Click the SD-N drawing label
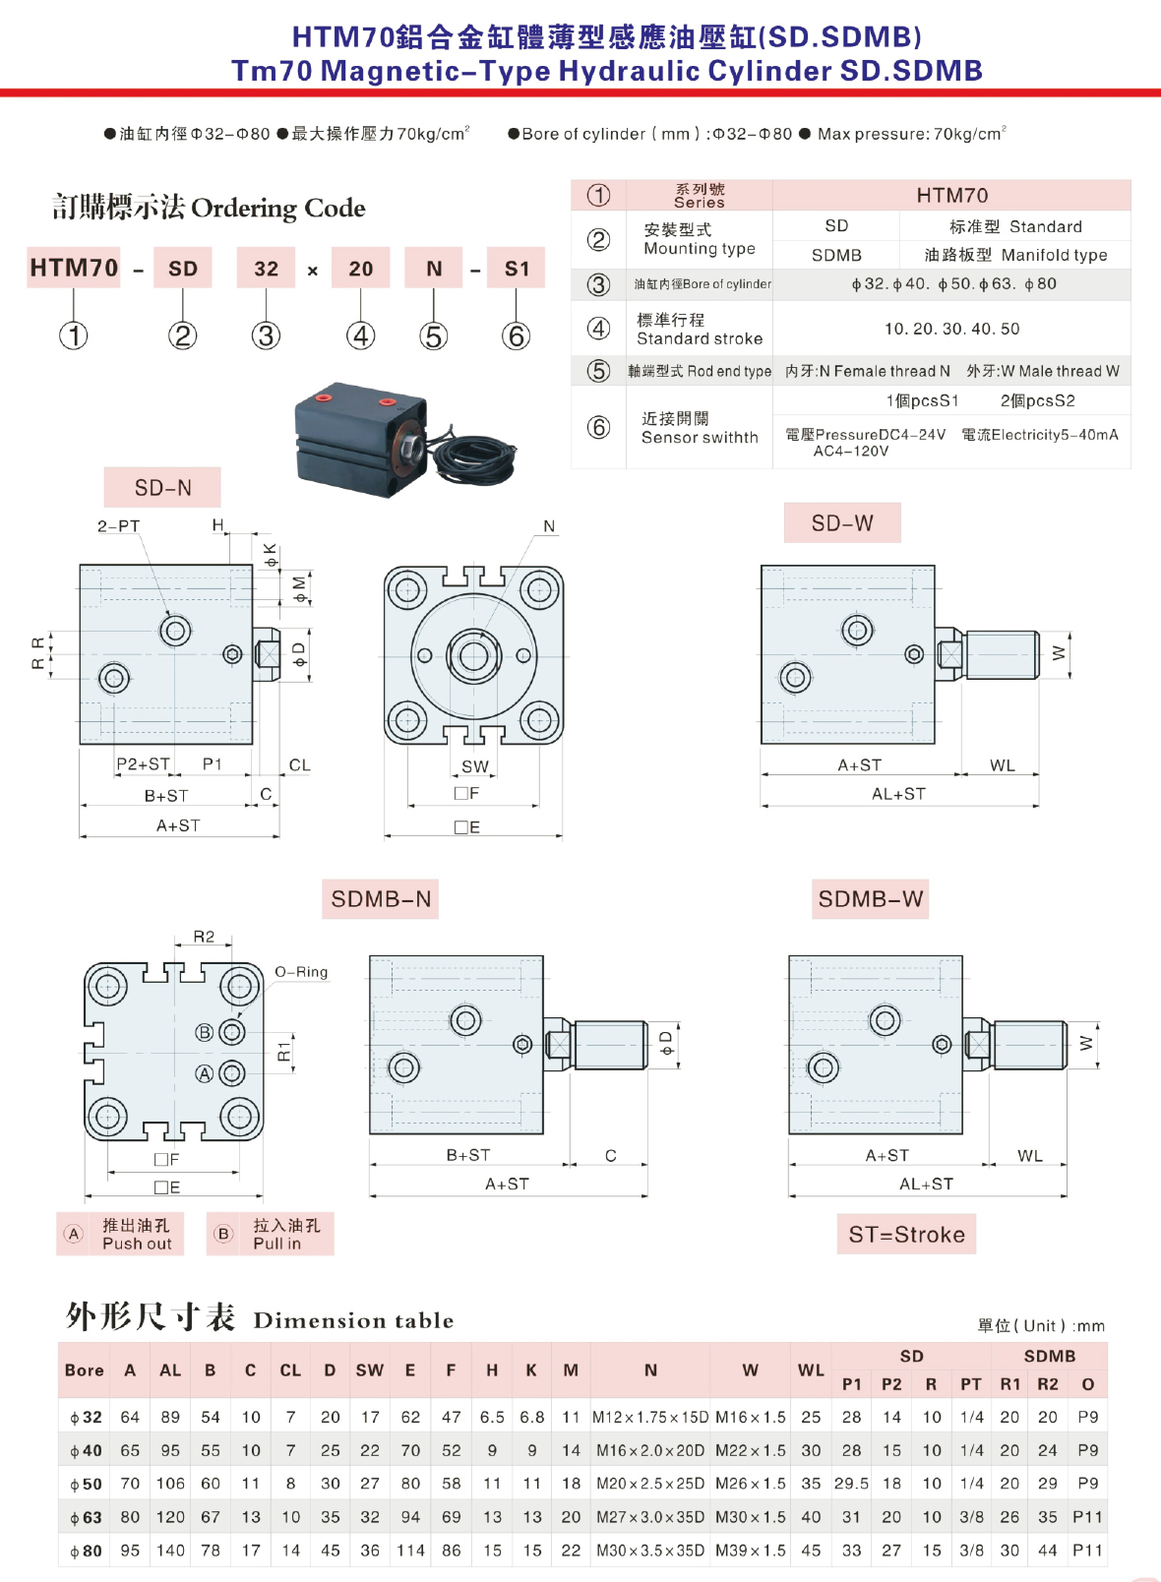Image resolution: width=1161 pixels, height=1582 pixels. [162, 487]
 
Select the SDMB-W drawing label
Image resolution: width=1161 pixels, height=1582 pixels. [870, 899]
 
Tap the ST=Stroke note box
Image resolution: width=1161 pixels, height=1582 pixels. [907, 1235]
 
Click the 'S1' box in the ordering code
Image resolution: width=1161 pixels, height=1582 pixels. [517, 268]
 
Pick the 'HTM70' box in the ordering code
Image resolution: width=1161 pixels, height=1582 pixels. [74, 268]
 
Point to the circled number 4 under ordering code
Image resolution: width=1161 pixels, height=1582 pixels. [360, 336]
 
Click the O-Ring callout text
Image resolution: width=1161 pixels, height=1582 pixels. [301, 972]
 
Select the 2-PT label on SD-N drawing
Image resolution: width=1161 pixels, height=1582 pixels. [119, 526]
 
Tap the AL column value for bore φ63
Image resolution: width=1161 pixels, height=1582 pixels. [170, 1517]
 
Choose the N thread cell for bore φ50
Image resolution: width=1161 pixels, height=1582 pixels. [650, 1484]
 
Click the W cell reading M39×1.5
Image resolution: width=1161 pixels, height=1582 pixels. [750, 1551]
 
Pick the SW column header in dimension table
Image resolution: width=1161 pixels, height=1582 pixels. [369, 1370]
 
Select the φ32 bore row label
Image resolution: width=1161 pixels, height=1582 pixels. [86, 1418]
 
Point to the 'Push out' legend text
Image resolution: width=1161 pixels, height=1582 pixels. [137, 1244]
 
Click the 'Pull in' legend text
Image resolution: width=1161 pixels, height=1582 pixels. [276, 1244]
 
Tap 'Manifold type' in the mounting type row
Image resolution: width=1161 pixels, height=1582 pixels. [1055, 255]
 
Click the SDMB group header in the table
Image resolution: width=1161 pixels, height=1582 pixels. [1050, 1356]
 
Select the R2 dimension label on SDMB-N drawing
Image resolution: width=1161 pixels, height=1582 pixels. [204, 937]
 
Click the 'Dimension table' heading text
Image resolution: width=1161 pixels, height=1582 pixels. [354, 1320]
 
